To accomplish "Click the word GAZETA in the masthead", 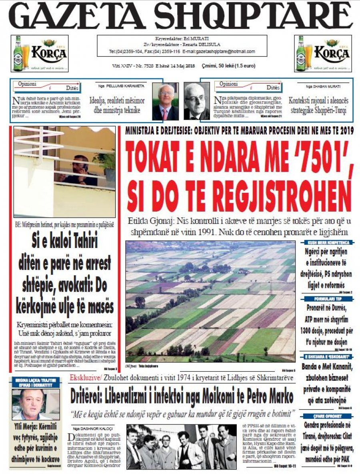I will (76, 17).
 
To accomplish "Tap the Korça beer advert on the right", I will (323, 53).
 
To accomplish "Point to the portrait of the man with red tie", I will (166, 102).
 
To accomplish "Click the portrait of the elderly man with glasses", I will (197, 102).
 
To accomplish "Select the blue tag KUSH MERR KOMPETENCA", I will (328, 242).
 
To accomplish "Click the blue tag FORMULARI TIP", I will (328, 299).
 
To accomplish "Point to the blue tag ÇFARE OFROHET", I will (328, 416).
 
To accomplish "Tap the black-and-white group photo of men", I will (181, 446).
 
